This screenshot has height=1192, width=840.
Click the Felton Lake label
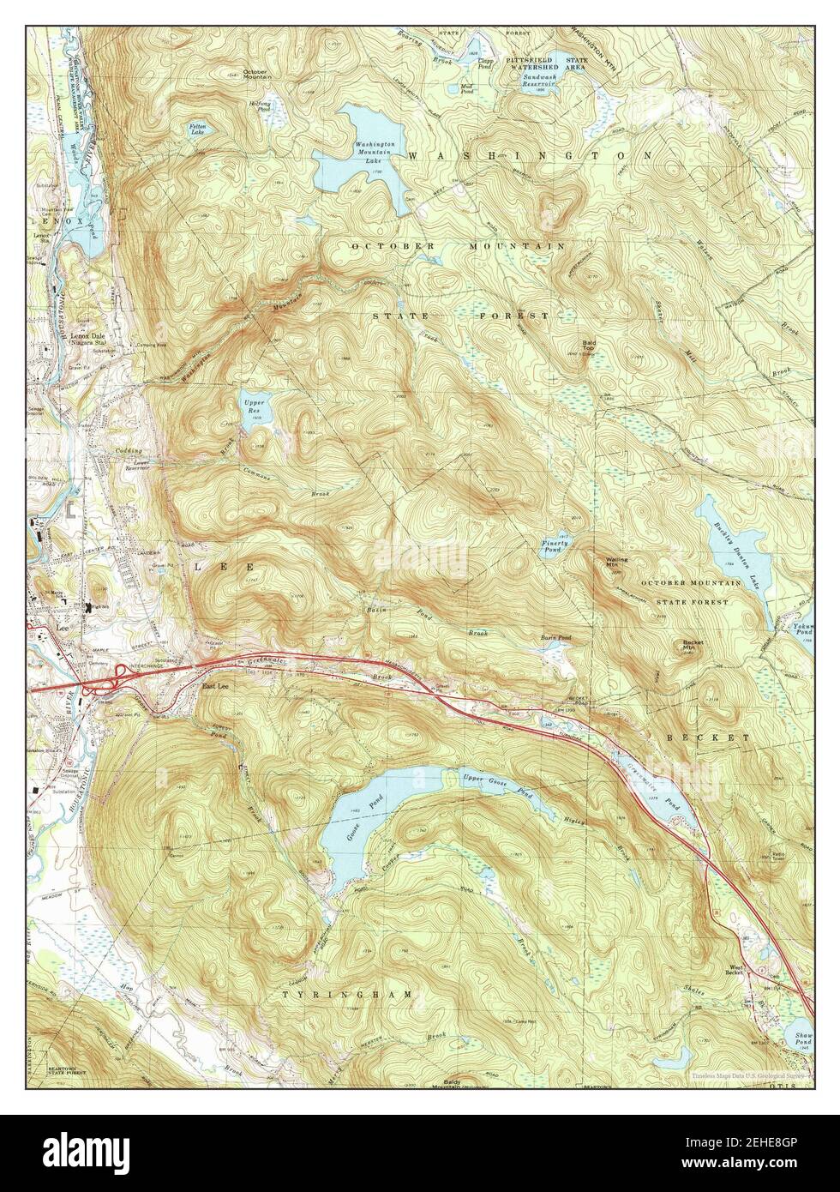tap(198, 129)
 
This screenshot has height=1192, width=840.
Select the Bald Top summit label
tap(589, 346)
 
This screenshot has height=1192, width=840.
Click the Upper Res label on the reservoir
tap(253, 405)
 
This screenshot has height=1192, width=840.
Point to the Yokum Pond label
tap(802, 630)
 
